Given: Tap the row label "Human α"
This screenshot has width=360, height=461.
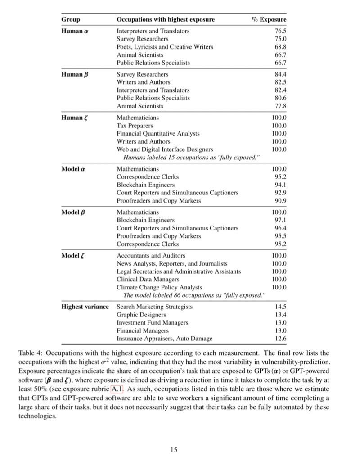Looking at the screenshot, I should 74,31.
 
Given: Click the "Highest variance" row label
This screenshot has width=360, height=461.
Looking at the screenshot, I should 85,307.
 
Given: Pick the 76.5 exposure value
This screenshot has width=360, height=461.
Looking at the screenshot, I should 280,31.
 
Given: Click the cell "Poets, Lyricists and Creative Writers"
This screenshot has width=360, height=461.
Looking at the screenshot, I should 165,47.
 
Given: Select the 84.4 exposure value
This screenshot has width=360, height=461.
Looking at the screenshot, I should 280,74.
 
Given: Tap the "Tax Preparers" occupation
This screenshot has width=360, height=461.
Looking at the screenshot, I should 135,125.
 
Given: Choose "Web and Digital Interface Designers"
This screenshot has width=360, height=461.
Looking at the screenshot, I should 165,149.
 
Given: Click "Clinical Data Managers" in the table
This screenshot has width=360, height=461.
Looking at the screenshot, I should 146,279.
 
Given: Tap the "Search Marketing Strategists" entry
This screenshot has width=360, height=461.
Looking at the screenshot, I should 154,307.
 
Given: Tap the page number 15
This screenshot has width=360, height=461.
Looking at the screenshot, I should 175,449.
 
